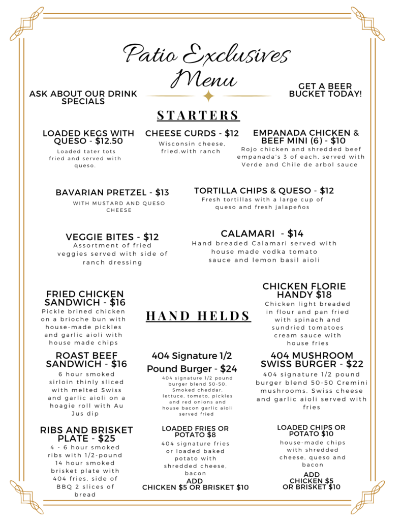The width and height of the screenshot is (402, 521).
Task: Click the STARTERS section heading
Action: [198, 115]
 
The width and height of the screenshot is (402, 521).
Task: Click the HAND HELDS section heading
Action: [198, 316]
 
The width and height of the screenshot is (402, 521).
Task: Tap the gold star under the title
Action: [208, 96]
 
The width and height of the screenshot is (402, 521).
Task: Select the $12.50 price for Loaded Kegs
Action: [109, 141]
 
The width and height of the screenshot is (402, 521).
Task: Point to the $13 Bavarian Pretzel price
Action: [161, 192]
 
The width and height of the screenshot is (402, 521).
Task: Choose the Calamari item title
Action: [244, 234]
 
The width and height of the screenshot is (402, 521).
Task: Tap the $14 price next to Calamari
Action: [295, 234]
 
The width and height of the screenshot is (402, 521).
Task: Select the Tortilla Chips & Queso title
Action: [253, 191]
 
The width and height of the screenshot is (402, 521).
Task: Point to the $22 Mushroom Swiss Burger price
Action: [356, 364]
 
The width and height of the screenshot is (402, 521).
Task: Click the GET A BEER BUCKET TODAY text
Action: [325, 90]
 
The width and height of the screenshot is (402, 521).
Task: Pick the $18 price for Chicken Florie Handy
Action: [324, 295]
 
